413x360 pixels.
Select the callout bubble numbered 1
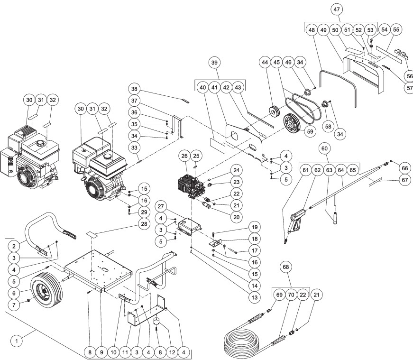[18, 340]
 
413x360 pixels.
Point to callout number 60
[324, 149]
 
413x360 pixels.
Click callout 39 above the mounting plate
[215, 64]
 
